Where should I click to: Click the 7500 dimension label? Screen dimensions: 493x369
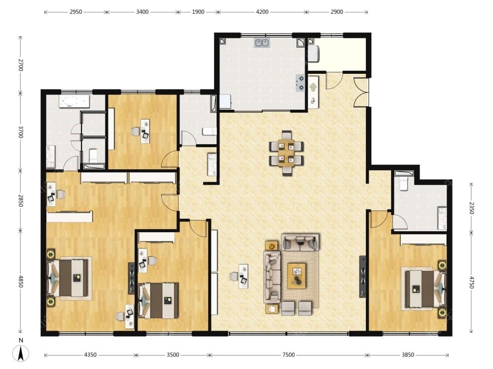click(x=288, y=355)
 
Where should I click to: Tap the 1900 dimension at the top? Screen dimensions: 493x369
click(x=198, y=12)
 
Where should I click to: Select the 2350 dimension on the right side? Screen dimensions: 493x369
click(x=471, y=208)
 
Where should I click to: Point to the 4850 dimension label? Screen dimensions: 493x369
click(x=20, y=281)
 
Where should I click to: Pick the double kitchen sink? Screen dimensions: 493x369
click(x=262, y=43)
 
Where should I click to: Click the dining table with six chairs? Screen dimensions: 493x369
click(x=286, y=153)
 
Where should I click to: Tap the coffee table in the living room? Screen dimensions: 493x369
click(x=296, y=276)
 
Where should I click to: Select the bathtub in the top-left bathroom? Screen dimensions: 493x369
click(x=74, y=101)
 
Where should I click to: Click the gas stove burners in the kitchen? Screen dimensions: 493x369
click(x=301, y=83)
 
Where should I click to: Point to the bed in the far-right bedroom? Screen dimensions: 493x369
click(x=425, y=289)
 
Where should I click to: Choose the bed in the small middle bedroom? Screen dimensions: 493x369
click(x=158, y=300)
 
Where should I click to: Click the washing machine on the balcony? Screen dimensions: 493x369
click(x=314, y=54)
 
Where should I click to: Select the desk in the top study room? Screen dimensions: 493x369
click(x=145, y=131)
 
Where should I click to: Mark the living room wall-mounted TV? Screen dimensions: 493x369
click(x=362, y=277)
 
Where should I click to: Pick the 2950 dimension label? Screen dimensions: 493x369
click(x=76, y=12)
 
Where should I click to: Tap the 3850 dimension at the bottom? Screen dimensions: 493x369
click(x=408, y=355)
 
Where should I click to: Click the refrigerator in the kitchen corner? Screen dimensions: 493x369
click(x=225, y=101)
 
